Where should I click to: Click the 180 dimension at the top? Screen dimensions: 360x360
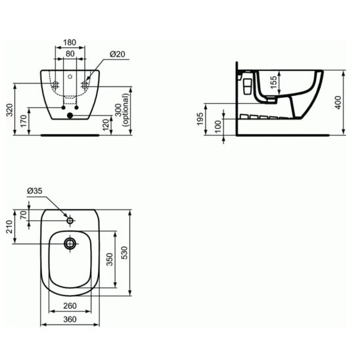[x=70, y=43]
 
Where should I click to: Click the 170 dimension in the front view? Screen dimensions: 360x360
[x=24, y=121]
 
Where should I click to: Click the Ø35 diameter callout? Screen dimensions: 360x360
[x=35, y=191]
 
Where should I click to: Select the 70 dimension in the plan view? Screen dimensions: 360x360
[x=24, y=214]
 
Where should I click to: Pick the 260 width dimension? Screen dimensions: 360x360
[x=70, y=305]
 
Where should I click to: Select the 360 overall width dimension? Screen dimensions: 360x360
[x=70, y=319]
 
